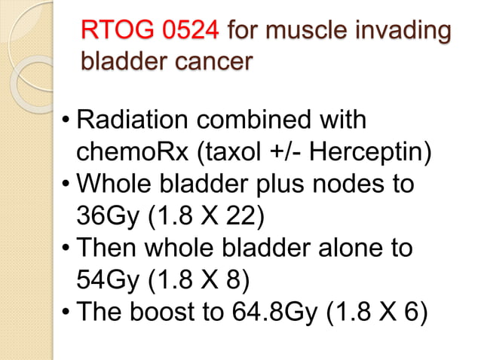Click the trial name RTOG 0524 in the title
(150, 32)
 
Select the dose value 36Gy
(107, 216)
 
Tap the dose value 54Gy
(107, 280)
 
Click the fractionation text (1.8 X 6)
(378, 313)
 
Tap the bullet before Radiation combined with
(68, 121)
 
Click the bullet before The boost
(68, 313)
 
